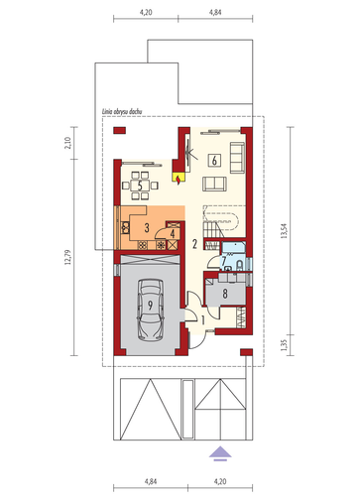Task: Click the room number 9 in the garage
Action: point(150,306)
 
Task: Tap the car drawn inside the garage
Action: point(151,310)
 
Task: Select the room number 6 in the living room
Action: point(214,161)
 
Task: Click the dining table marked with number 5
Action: point(140,186)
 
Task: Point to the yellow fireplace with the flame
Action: point(179,179)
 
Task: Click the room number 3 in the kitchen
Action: point(147,227)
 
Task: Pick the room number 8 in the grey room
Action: point(225,294)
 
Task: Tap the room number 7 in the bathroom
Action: point(223,261)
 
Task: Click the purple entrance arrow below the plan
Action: point(220,453)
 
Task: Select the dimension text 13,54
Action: point(284,231)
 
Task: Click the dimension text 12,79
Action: point(67,257)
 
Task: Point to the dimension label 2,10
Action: point(67,143)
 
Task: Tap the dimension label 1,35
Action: point(284,345)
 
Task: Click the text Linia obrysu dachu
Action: point(122,112)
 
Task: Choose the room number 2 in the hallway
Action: point(194,244)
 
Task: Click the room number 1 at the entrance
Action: point(203,319)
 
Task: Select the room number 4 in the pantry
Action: point(173,234)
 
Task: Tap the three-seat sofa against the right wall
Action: point(237,158)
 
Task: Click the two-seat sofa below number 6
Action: point(214,184)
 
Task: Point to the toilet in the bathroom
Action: point(240,264)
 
